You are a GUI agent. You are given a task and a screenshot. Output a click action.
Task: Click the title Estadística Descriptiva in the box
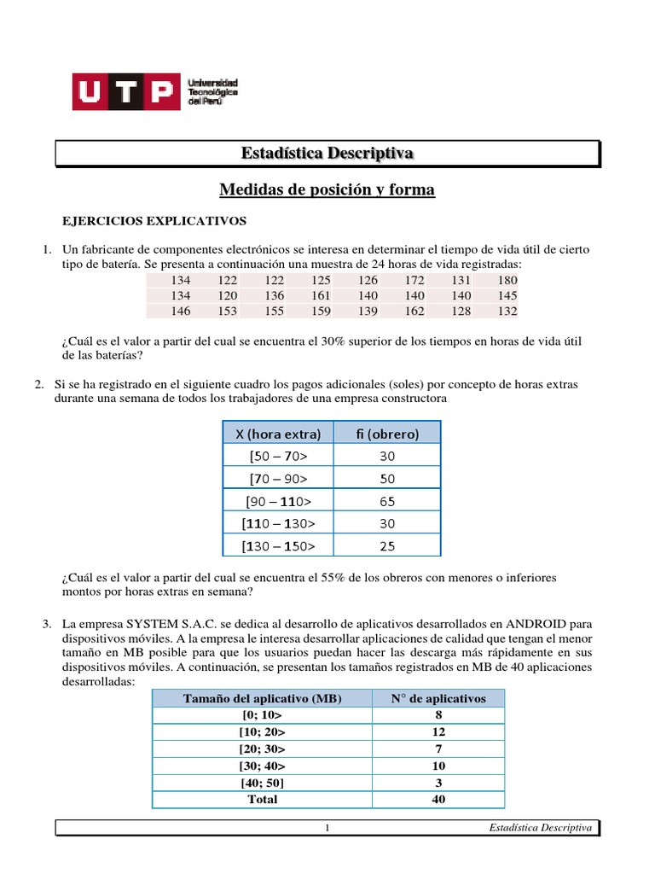[x=327, y=154]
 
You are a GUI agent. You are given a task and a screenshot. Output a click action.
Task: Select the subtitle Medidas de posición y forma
[x=327, y=189]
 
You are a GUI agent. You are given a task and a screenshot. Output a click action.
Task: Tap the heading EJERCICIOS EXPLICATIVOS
[x=154, y=221]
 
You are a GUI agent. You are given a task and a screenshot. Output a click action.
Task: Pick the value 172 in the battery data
[x=414, y=280]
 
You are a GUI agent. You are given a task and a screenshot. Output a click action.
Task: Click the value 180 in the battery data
[x=507, y=280]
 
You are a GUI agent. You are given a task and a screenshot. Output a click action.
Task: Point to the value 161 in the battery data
[x=321, y=295]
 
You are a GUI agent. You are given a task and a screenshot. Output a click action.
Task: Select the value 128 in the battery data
[x=461, y=311]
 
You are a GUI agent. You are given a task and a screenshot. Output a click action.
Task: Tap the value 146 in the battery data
[x=181, y=311]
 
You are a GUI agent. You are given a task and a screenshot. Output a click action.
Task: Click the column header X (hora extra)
[x=278, y=434]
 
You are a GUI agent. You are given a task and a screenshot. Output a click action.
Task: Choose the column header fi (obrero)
[x=387, y=434]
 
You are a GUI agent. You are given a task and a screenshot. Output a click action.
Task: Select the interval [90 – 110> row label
[x=278, y=501]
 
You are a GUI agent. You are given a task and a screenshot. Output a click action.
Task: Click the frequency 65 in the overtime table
[x=387, y=501]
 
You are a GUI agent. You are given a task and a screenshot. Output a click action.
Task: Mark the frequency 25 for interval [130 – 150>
[x=387, y=545]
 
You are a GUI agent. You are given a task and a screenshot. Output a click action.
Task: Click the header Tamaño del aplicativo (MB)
[x=263, y=698]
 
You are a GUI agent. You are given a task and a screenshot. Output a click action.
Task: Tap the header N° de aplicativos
[x=438, y=698]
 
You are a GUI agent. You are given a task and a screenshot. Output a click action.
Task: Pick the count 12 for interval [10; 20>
[x=438, y=731]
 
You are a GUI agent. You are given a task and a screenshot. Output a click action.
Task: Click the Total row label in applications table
[x=263, y=799]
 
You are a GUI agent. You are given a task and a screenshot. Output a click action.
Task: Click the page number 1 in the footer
[x=327, y=828]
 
